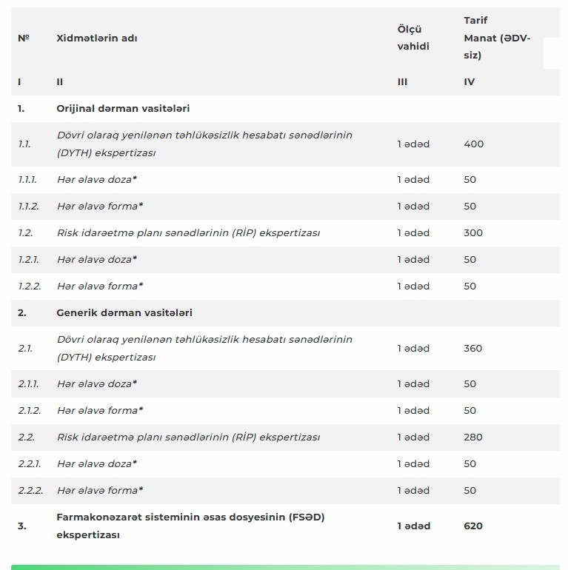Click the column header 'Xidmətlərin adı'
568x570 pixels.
pos(96,38)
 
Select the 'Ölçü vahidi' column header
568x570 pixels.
pos(412,38)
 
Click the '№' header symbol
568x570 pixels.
pos(24,38)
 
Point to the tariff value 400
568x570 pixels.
pos(473,144)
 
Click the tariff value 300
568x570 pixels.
pos(473,232)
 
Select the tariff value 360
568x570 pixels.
pos(473,348)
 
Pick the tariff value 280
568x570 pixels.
pos(473,437)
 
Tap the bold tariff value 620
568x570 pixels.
pos(473,526)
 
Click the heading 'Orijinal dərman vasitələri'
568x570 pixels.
pos(123,108)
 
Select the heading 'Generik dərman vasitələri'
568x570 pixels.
pos(124,312)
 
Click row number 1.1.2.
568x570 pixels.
pos(28,206)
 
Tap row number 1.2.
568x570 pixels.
pos(25,232)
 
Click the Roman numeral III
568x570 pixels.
pos(402,81)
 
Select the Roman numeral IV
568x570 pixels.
pos(470,81)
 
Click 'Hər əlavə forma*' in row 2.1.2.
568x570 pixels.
pos(100,410)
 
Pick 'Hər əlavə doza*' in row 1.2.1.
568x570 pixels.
pos(97,259)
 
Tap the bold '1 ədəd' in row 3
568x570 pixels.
pos(413,526)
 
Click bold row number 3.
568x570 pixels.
pos(22,526)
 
